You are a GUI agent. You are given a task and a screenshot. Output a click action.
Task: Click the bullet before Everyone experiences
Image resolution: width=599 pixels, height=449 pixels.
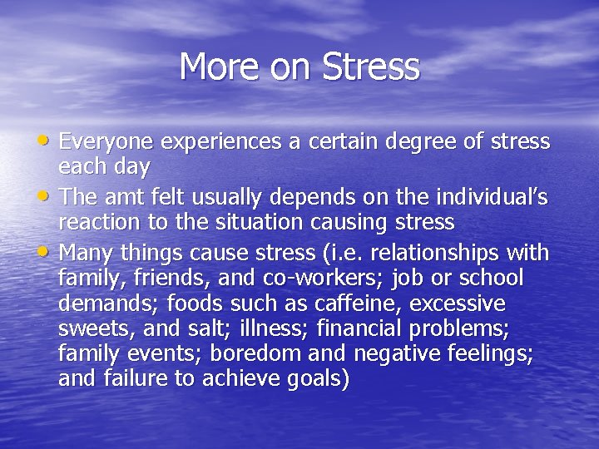tap(47, 139)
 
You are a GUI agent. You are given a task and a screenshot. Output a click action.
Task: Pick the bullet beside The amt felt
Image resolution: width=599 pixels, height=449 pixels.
tap(47, 194)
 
